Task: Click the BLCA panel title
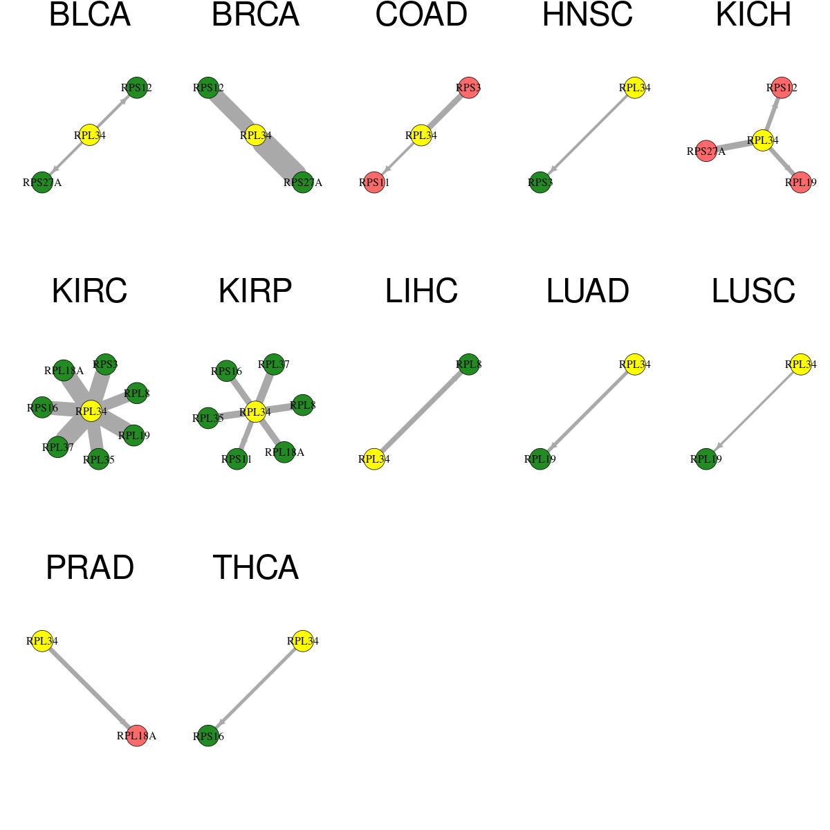90,15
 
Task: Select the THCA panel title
255,567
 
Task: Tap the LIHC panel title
421,291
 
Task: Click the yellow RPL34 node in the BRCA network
255,136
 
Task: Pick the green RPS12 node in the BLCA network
137,88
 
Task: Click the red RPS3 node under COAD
469,88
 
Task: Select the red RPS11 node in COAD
374,183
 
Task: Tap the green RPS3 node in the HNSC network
540,183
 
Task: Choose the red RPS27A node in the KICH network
706,151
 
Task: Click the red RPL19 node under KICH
801,183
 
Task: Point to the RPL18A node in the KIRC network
64,371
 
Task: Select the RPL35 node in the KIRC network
99,459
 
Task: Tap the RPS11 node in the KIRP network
237,459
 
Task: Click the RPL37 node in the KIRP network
273,365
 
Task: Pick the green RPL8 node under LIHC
469,365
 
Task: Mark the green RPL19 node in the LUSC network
706,459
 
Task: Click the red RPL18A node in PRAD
136,736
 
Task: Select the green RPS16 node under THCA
208,736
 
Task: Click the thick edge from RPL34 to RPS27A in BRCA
279,159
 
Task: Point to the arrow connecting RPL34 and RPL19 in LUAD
587,412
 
